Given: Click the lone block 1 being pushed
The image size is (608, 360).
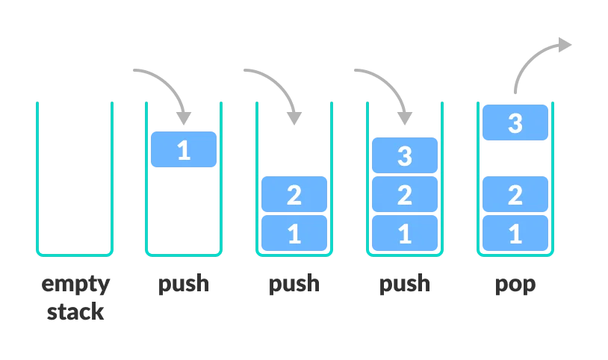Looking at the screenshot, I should click(x=183, y=149).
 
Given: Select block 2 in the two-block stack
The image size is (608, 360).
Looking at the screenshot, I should click(x=294, y=194).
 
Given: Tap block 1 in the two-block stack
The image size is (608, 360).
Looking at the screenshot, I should click(x=294, y=233).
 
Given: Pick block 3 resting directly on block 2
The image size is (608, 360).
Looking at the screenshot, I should click(x=404, y=155).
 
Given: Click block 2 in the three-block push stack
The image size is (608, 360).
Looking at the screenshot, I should click(x=404, y=194).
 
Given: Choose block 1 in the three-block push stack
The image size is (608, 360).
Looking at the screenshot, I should click(x=404, y=233).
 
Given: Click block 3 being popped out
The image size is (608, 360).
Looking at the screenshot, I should click(x=515, y=122).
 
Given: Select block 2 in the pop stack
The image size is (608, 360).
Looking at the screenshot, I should click(x=515, y=194).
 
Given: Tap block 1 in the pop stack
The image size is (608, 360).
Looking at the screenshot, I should click(x=515, y=233).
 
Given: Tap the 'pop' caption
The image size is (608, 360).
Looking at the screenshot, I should click(x=515, y=285).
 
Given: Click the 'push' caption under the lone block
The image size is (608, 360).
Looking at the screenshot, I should click(x=183, y=285).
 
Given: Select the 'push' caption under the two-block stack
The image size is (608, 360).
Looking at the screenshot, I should click(x=294, y=285).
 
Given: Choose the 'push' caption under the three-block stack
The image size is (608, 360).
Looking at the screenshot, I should click(x=404, y=285).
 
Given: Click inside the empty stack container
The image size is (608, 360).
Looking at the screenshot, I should click(x=75, y=179).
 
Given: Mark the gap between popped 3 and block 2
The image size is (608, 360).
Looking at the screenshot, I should click(x=515, y=158).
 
